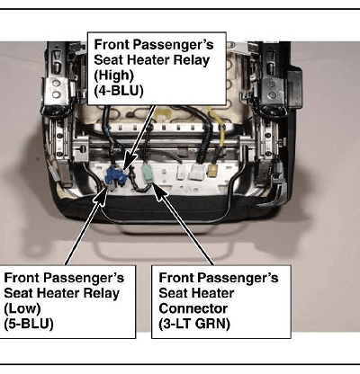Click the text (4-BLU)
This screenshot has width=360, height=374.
(119, 91)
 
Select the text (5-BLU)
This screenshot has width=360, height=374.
(29, 324)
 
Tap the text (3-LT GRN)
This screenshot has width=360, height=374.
(194, 324)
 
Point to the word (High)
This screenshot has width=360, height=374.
(114, 76)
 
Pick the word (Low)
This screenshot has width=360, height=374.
(22, 308)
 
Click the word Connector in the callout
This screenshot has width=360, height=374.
(193, 308)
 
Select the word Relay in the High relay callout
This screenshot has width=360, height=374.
(191, 60)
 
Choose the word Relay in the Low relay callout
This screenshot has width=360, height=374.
(101, 293)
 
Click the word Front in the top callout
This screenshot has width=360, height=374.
(112, 45)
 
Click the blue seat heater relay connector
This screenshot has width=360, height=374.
(115, 176)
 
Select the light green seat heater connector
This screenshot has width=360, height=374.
(148, 174)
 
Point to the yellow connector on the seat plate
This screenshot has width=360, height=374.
(212, 171)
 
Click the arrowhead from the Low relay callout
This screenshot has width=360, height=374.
(102, 196)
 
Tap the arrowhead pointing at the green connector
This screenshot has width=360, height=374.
(159, 191)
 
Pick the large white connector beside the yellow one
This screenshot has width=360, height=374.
(195, 172)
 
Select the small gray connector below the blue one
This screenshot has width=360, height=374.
(112, 188)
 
